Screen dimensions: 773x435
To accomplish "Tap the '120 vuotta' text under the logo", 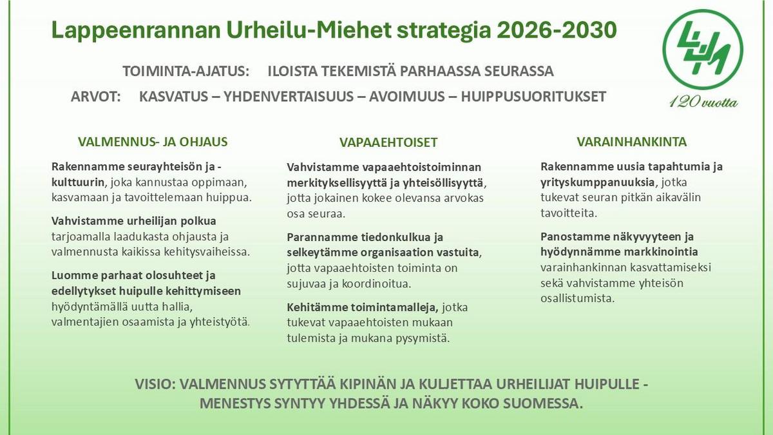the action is (703, 102).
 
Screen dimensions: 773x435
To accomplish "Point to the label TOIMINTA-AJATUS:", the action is (186, 71).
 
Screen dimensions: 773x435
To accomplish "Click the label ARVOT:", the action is (95, 97).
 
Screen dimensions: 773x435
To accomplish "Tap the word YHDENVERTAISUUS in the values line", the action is (289, 97).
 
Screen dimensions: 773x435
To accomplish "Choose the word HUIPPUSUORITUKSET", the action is (533, 97).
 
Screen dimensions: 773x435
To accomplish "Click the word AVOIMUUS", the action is (408, 97).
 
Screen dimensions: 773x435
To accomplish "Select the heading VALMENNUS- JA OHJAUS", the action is (153, 142).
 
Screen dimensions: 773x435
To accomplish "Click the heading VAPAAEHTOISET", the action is (388, 142).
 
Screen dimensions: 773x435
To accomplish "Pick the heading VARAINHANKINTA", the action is (631, 142).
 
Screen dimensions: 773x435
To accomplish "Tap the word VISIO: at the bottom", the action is (155, 384).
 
